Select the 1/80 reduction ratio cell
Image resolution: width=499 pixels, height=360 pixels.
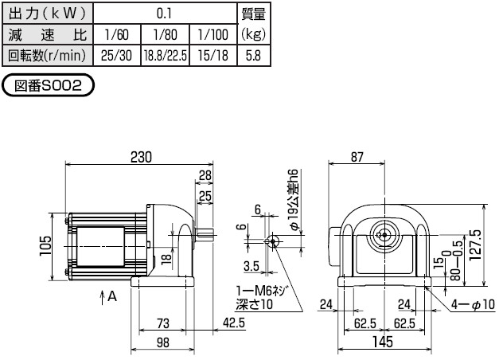click(x=165, y=36)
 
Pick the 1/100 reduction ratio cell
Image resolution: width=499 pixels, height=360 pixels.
click(x=212, y=36)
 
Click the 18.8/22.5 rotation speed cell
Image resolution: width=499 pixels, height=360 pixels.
click(x=165, y=57)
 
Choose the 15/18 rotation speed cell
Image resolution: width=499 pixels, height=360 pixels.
click(x=212, y=57)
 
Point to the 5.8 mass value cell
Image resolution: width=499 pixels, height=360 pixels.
click(x=253, y=57)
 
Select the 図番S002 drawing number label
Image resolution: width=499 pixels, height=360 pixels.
click(x=49, y=85)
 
